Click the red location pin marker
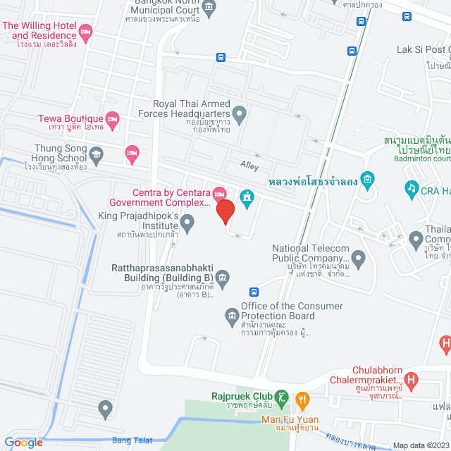pyautogui.click(x=225, y=211)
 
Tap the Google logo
pyautogui.click(x=23, y=442)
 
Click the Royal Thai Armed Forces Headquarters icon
pyautogui.click(x=240, y=112)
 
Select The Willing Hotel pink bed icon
pyautogui.click(x=86, y=30)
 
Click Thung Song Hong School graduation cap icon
pyautogui.click(x=96, y=153)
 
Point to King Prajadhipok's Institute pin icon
pyautogui.click(x=187, y=224)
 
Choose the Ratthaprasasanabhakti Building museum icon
pyautogui.click(x=223, y=276)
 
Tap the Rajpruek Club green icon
pyautogui.click(x=282, y=397)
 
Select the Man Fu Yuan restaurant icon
pyautogui.click(x=303, y=400)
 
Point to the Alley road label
pyautogui.click(x=249, y=166)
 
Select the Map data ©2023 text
pyautogui.click(x=419, y=445)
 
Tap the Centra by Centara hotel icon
pyautogui.click(x=219, y=192)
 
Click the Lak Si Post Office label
pyautogui.click(x=424, y=49)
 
